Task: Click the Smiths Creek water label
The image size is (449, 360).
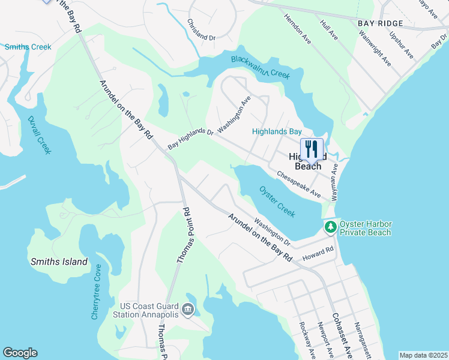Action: pos(28,47)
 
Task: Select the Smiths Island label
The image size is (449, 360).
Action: pos(59,262)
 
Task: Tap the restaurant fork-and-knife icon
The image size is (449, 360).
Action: pos(312,149)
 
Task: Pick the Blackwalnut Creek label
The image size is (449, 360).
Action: pos(261,66)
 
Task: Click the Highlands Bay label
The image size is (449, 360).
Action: pos(276,131)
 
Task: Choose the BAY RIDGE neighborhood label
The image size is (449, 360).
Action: pos(380,23)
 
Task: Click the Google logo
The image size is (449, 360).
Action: pos(20,353)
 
